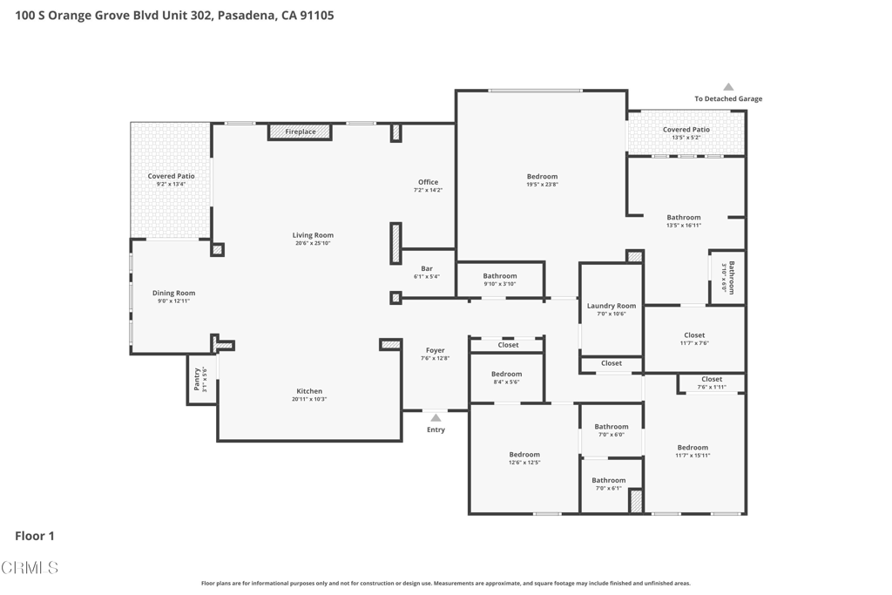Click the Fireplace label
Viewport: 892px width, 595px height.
pyautogui.click(x=301, y=132)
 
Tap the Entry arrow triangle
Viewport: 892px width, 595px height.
pyautogui.click(x=436, y=418)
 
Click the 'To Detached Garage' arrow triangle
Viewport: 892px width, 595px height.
pyautogui.click(x=728, y=87)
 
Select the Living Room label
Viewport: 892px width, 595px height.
pyautogui.click(x=313, y=235)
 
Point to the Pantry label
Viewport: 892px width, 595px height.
pyautogui.click(x=198, y=378)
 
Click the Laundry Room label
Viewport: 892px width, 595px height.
pyautogui.click(x=612, y=306)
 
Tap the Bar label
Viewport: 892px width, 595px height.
pyautogui.click(x=427, y=268)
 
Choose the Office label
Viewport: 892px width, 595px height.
pyautogui.click(x=428, y=182)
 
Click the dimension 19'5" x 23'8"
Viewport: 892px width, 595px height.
pyautogui.click(x=542, y=184)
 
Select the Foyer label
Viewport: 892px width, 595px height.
pyautogui.click(x=436, y=350)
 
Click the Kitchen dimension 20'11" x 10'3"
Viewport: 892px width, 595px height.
pyautogui.click(x=309, y=399)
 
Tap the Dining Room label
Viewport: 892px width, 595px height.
pyautogui.click(x=174, y=293)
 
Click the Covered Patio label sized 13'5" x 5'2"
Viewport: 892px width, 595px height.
pyautogui.click(x=686, y=130)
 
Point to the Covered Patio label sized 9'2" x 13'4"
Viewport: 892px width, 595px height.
pyautogui.click(x=171, y=176)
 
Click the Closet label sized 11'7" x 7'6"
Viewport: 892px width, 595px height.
pyautogui.click(x=694, y=335)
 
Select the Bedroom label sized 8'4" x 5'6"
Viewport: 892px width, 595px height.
pyautogui.click(x=507, y=374)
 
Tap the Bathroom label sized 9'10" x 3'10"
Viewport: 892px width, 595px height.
pyautogui.click(x=500, y=276)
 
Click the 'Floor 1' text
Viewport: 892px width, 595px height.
pyautogui.click(x=35, y=536)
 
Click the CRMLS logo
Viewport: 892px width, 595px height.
pyautogui.click(x=30, y=568)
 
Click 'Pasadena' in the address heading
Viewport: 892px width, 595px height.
pyautogui.click(x=246, y=15)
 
